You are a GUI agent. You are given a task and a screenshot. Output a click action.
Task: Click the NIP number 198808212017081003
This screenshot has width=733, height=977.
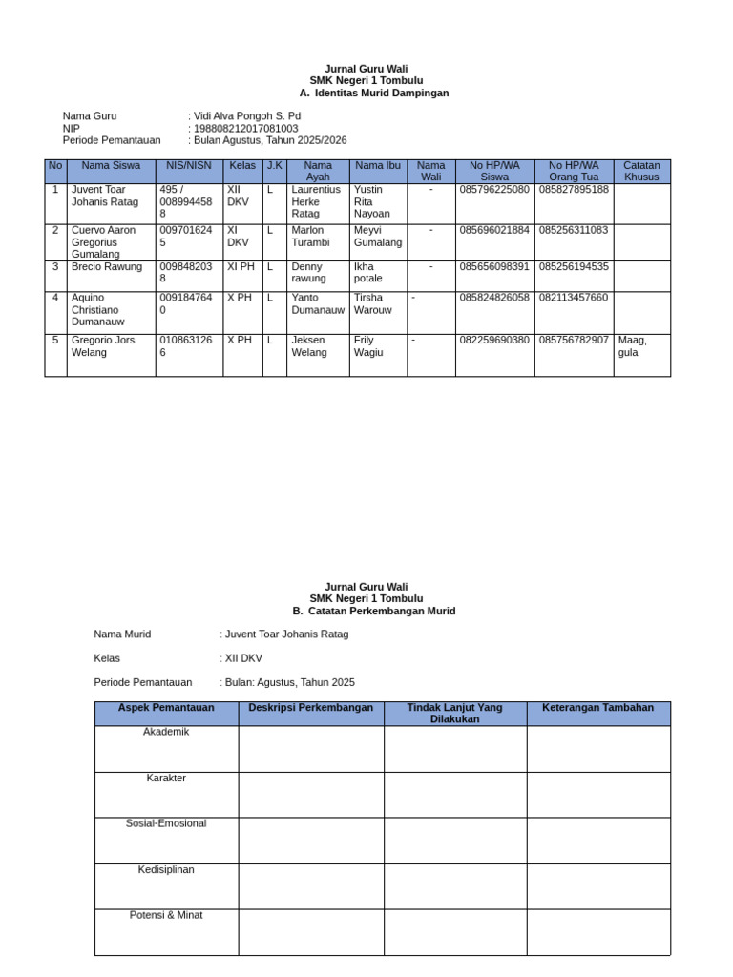pos(245,128)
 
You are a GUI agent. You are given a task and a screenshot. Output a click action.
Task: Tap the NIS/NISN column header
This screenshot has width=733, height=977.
pos(189,165)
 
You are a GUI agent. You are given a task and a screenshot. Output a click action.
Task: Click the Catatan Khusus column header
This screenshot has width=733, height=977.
pos(641,171)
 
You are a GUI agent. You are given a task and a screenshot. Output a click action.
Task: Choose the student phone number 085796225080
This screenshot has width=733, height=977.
pos(494,190)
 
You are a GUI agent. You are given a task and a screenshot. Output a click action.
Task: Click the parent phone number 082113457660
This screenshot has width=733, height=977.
pos(573,298)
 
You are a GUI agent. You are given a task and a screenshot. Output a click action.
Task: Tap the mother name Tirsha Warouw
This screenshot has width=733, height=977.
pos(372,303)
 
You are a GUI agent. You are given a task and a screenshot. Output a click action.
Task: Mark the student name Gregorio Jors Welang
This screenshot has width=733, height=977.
pos(103,346)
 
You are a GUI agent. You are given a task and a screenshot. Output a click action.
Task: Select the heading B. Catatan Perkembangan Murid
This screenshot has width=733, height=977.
pos(373,611)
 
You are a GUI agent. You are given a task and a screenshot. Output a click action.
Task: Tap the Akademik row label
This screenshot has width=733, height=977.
pos(166,732)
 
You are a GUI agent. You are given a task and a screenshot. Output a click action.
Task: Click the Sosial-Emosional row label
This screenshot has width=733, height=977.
pos(166,823)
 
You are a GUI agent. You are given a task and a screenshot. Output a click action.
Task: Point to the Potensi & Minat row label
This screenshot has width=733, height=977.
pos(166,915)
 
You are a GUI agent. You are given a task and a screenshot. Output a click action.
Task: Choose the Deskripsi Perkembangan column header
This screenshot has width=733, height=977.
pos(311,708)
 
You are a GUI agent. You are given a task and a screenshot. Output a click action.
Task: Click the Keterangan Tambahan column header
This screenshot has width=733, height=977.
pos(597,708)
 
